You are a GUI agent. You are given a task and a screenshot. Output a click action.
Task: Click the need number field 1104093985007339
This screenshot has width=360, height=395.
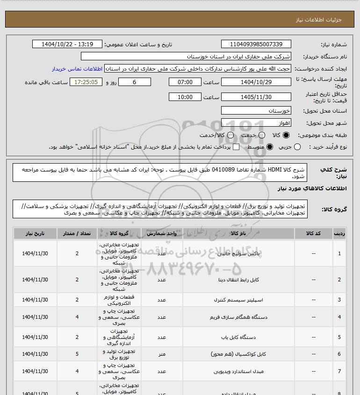click(256, 44)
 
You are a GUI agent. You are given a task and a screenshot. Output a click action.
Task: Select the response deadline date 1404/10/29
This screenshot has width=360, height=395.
click(256, 82)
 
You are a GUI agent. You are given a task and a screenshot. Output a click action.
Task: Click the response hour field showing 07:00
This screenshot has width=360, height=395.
click(185, 82)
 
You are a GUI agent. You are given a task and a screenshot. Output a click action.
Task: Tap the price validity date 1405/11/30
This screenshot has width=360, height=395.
click(256, 97)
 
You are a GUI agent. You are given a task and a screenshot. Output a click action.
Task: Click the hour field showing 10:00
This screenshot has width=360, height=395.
click(185, 97)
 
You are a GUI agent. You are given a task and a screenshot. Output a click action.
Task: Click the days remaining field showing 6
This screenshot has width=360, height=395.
click(135, 82)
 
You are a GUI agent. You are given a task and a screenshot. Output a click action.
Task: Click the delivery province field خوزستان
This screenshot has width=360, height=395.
click(256, 111)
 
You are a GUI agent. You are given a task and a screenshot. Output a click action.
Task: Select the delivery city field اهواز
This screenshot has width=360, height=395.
click(256, 123)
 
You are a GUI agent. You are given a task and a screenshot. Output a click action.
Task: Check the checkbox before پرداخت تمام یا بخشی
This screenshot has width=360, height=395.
click(236, 147)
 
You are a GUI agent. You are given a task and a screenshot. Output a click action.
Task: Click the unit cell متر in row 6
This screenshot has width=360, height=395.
click(161, 354)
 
